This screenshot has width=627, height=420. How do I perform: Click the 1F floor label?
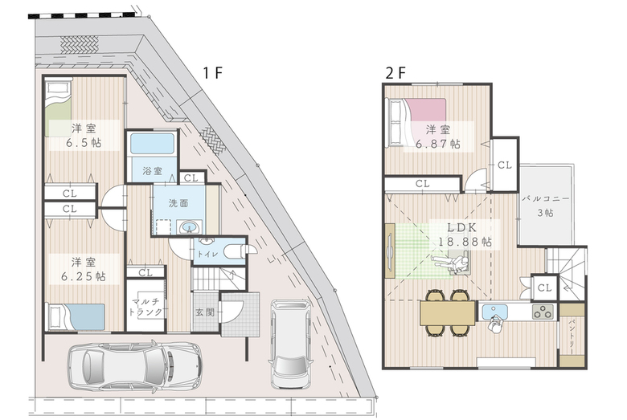point(213,73)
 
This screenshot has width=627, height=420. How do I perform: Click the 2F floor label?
point(395,73)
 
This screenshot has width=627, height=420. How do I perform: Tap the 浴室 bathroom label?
point(153,171)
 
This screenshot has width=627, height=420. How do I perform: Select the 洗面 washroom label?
point(178,203)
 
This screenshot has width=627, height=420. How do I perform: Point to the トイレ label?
point(207,254)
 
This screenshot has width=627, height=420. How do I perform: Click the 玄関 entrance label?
point(205,312)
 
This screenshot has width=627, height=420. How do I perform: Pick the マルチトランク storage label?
point(145,307)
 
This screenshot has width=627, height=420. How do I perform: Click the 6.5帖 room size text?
point(84,143)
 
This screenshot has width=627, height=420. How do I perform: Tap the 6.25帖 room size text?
point(84,276)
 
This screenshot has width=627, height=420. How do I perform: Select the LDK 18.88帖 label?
point(465,234)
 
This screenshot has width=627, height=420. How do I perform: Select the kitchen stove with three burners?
point(543,312)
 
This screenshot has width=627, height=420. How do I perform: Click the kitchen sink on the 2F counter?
point(494,312)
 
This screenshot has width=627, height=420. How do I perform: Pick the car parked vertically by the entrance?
point(291,344)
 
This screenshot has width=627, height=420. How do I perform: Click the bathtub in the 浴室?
point(153,144)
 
